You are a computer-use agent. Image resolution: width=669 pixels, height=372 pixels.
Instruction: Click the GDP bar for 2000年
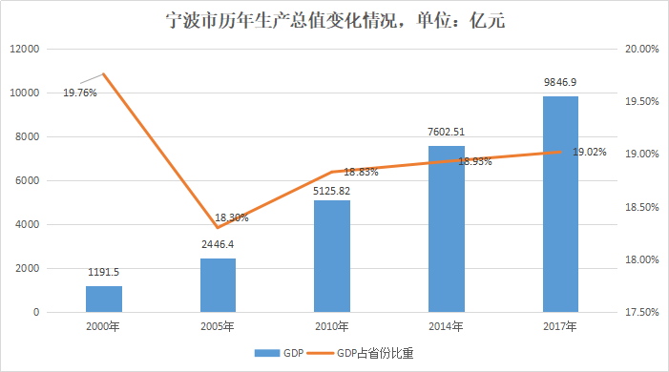tap(104, 299)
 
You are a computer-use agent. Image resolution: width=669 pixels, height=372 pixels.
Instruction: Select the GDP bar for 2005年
tap(218, 285)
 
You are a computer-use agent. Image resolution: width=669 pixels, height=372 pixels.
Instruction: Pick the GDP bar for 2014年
tap(447, 229)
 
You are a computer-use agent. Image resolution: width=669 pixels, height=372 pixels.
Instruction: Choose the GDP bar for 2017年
tap(560, 204)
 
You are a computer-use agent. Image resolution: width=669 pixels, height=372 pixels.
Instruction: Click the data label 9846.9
tap(560, 83)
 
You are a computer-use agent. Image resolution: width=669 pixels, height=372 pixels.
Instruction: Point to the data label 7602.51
tap(447, 132)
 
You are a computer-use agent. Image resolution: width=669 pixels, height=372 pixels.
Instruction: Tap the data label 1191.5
tap(104, 272)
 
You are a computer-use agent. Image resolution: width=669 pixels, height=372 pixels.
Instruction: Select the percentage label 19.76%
tap(80, 93)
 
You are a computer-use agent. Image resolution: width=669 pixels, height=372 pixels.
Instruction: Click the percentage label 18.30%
tap(231, 217)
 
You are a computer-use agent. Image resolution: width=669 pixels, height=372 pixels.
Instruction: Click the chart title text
tap(334, 20)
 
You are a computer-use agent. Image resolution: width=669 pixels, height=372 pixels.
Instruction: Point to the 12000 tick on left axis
tap(24, 50)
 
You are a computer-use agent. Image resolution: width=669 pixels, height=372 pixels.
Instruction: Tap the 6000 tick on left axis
tap(27, 181)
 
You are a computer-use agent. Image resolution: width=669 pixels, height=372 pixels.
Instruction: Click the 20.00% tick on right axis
tap(642, 50)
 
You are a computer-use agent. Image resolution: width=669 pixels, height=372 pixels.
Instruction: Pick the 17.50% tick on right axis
tap(642, 312)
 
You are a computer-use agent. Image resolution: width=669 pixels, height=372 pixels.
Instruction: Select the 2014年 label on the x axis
tap(447, 327)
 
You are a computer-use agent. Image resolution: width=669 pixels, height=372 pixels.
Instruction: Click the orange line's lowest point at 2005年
tap(218, 227)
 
